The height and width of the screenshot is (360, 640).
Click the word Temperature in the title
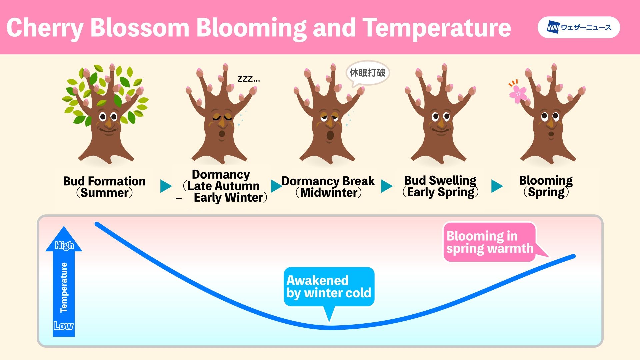[437, 28]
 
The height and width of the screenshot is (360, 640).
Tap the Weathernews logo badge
[579, 27]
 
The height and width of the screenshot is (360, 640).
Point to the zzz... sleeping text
[248, 79]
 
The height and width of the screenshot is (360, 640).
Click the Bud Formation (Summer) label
[104, 187]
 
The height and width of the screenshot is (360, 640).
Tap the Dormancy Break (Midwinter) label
[328, 187]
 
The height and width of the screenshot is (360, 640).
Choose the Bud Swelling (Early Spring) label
[440, 186]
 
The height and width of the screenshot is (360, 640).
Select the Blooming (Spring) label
[546, 186]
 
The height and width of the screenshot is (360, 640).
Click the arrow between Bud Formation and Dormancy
[165, 186]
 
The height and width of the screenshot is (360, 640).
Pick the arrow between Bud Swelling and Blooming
[497, 186]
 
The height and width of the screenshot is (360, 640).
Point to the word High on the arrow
[64, 245]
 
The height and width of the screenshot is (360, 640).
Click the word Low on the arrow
[63, 326]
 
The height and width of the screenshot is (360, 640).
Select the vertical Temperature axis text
[64, 288]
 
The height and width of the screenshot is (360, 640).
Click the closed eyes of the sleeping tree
[222, 118]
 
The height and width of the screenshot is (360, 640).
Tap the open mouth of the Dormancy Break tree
[330, 135]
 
